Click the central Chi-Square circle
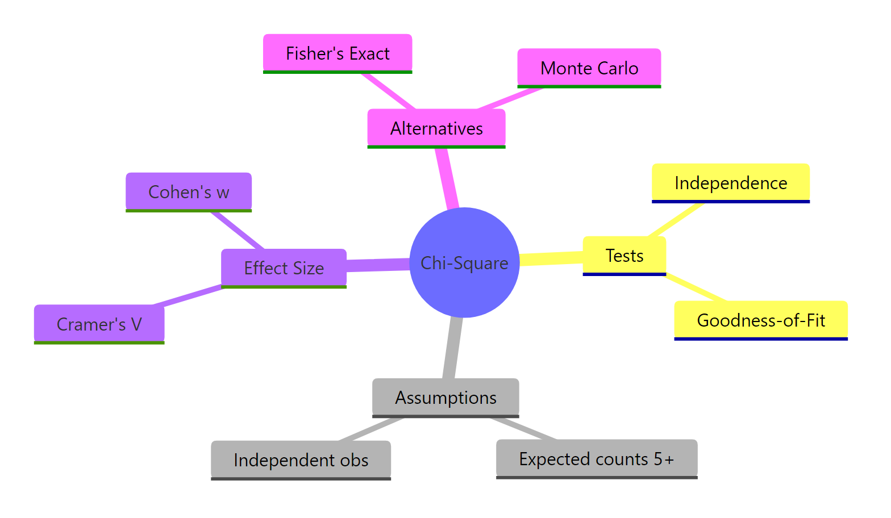tap(464, 262)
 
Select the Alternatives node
tap(436, 128)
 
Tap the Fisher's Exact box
tap(338, 53)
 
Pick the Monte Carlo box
tap(589, 68)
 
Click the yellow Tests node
tap(624, 256)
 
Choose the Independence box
tap(731, 183)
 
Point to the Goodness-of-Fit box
tap(761, 320)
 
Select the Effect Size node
tap(284, 268)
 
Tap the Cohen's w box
tap(189, 192)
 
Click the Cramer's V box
tap(99, 324)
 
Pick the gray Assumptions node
tap(445, 398)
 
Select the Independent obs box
tap(301, 459)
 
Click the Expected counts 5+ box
tap(597, 458)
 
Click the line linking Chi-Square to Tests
tap(551, 258)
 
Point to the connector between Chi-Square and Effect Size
tap(378, 265)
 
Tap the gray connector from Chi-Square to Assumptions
tap(452, 348)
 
